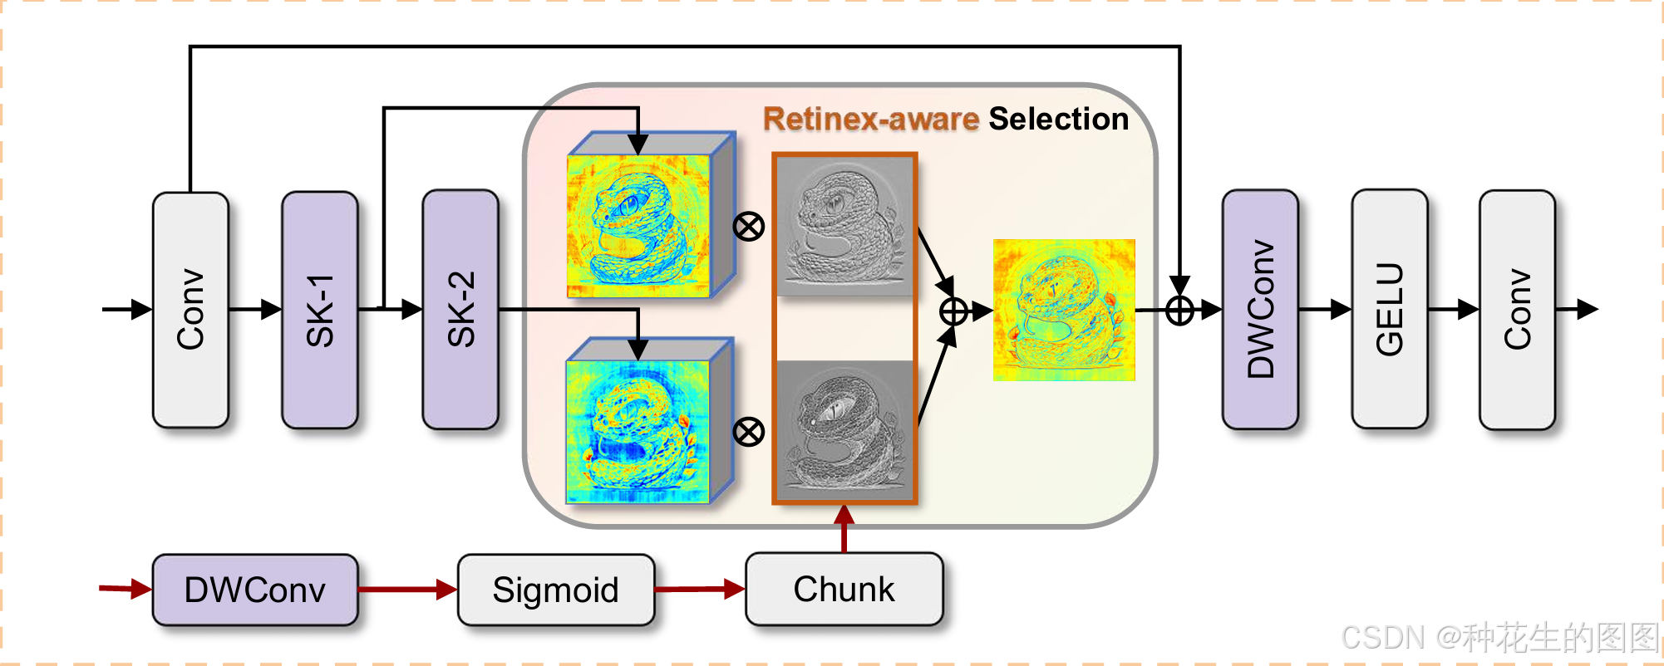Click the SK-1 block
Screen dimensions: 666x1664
point(320,310)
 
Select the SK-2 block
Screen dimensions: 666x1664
point(460,310)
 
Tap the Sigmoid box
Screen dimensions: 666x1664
point(555,590)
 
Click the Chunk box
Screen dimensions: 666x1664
point(844,590)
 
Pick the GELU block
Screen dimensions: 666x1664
point(1389,310)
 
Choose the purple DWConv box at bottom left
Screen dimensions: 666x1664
point(255,590)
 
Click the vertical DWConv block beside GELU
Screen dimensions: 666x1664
point(1260,310)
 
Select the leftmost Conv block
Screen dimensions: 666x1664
point(190,310)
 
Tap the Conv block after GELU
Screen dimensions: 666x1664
point(1517,310)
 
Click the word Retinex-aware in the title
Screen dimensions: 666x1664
point(871,120)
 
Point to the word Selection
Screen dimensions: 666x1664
point(1058,120)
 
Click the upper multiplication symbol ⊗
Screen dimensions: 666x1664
point(749,226)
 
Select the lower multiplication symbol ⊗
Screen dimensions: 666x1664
point(749,432)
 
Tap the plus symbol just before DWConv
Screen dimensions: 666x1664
point(1179,311)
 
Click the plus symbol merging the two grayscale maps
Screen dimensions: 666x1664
point(953,311)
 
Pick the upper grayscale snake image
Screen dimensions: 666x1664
point(844,226)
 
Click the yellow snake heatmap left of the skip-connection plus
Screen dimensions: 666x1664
point(1064,311)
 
